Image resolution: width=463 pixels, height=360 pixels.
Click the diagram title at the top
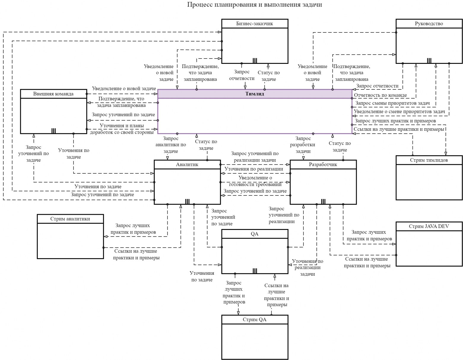[x=254, y=5]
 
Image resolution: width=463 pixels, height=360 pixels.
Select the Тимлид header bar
[x=254, y=94]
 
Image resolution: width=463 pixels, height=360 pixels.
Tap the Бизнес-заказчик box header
[x=255, y=23]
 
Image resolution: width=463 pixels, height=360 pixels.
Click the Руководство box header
[x=429, y=23]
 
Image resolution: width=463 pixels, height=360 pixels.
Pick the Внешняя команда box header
[x=53, y=94]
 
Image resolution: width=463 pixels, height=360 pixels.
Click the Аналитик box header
[x=187, y=165]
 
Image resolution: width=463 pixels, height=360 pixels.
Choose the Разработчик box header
[x=323, y=165]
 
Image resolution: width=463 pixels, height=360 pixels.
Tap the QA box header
[x=255, y=234]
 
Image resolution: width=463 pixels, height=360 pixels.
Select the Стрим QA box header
[x=255, y=320]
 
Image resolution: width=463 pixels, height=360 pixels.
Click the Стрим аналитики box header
[x=70, y=219]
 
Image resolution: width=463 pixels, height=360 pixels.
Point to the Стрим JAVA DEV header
[x=429, y=226]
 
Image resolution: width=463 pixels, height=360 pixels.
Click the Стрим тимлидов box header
[x=429, y=160]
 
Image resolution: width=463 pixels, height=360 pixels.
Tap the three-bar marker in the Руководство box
[x=429, y=61]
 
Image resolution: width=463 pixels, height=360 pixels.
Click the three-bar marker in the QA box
[x=255, y=271]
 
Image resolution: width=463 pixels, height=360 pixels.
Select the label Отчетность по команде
[x=380, y=95]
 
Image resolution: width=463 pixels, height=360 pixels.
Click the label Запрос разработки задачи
[x=303, y=145]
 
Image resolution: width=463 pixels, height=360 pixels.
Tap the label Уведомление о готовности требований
[x=255, y=181]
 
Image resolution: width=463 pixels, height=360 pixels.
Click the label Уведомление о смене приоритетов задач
[x=399, y=112]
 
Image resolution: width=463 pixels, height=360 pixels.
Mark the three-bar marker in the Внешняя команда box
[x=54, y=131]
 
